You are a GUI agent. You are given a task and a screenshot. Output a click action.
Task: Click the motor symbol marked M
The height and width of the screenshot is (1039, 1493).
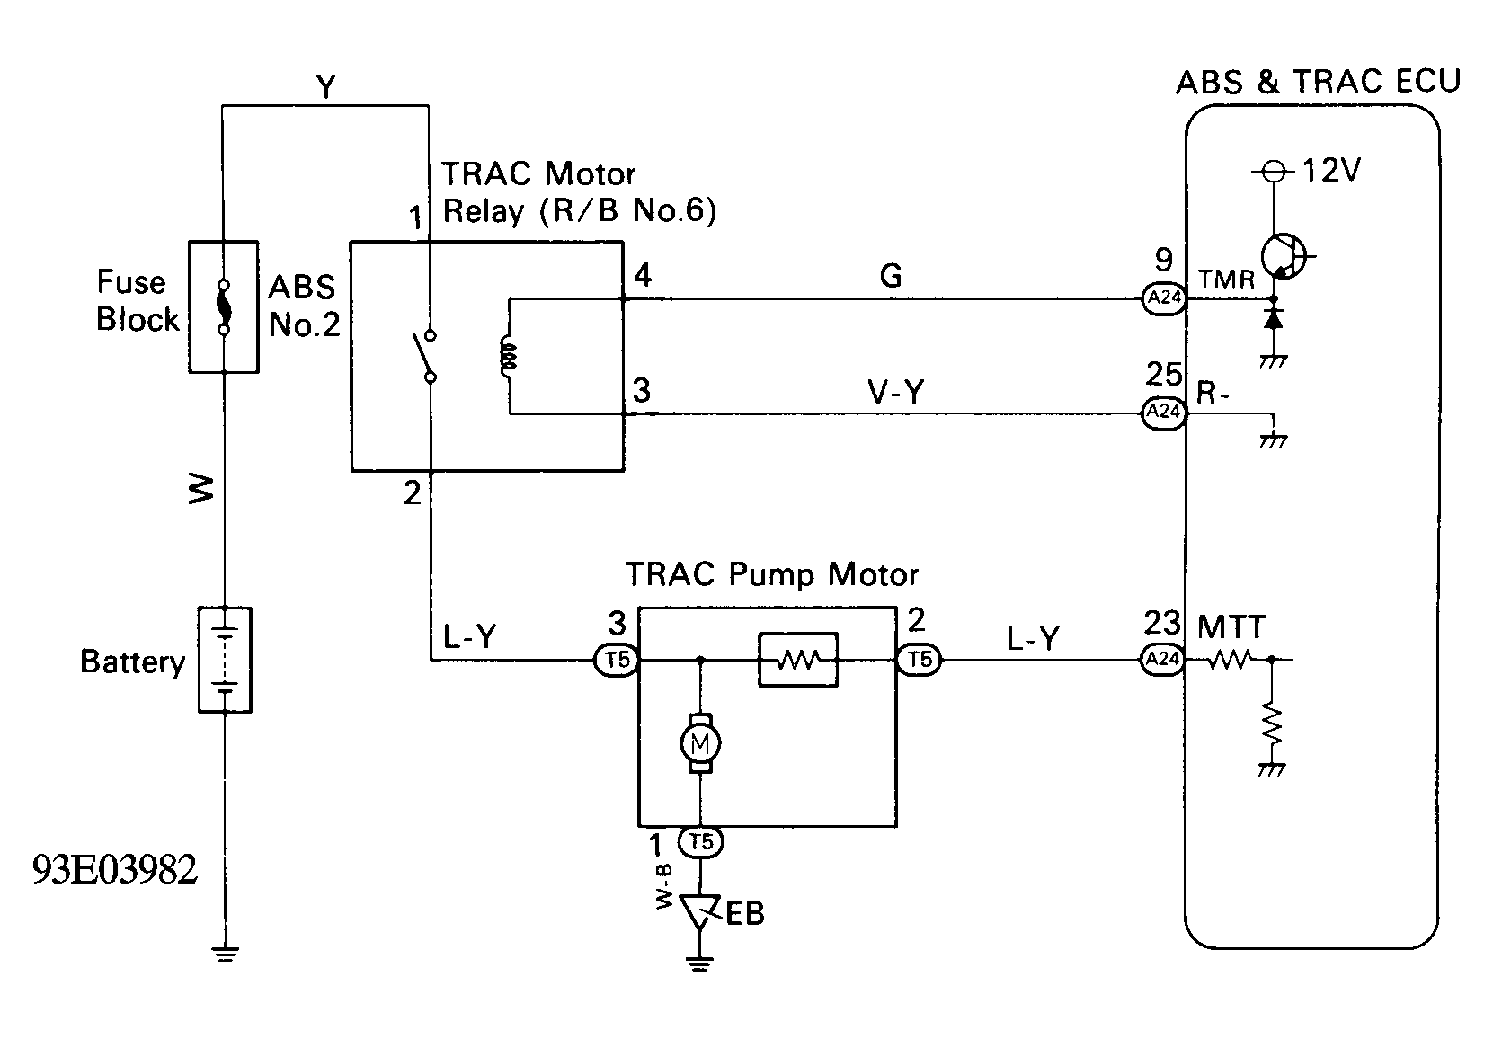[x=700, y=743]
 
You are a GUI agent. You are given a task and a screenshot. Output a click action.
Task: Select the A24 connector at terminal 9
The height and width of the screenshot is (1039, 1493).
[x=1164, y=298]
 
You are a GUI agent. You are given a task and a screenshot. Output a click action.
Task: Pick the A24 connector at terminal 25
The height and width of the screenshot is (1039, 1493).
[x=1164, y=412]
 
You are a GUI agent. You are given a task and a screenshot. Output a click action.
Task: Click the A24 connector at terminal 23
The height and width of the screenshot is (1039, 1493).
[x=1163, y=660]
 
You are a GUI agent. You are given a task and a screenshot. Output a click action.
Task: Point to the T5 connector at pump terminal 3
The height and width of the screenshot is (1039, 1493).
[x=617, y=661]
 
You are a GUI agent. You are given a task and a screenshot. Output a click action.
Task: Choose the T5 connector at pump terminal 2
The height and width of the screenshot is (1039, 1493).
[x=920, y=660]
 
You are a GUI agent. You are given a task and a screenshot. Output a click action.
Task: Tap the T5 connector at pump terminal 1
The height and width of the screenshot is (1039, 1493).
[x=700, y=842]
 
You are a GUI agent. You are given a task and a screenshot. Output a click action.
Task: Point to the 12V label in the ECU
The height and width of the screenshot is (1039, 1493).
[x=1330, y=171]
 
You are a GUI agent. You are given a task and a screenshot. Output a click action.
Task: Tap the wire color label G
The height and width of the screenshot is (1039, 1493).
[x=891, y=275]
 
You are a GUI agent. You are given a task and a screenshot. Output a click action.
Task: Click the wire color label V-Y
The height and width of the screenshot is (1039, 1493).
[x=896, y=392]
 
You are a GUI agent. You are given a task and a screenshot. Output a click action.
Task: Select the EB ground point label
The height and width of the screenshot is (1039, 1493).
[x=744, y=914]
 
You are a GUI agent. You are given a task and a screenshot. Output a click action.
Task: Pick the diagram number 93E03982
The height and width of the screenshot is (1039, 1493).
[x=115, y=870]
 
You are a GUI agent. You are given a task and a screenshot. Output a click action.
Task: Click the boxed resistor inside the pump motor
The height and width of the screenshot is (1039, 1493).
[x=798, y=660]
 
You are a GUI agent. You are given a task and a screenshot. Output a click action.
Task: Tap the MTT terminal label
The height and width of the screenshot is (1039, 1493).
[x=1231, y=627]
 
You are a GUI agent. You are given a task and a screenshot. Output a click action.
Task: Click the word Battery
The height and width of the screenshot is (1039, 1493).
[x=133, y=662]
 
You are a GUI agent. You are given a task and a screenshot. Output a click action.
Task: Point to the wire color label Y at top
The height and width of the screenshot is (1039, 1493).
[x=326, y=86]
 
